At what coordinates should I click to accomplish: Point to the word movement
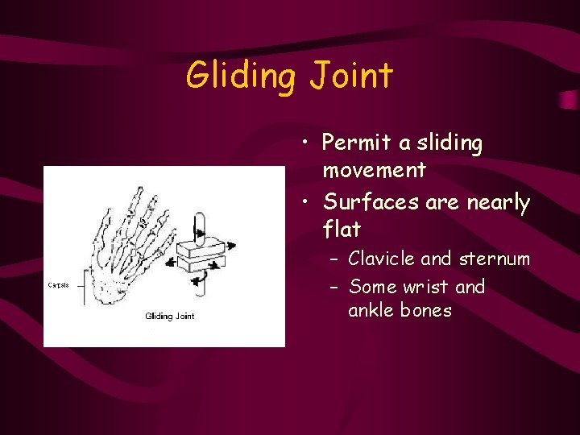pyautogui.click(x=374, y=170)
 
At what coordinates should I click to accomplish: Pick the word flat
pyautogui.click(x=342, y=230)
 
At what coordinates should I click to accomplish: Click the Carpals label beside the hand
pyautogui.click(x=58, y=284)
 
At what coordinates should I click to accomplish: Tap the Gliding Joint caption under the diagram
pyautogui.click(x=169, y=316)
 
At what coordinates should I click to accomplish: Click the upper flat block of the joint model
pyautogui.click(x=199, y=242)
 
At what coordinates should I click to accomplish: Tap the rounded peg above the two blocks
pyautogui.click(x=201, y=223)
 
